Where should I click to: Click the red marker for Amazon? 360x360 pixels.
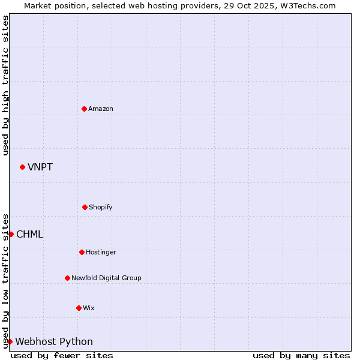(84, 109)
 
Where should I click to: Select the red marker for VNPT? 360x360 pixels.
(22, 167)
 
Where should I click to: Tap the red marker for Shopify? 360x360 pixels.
(85, 207)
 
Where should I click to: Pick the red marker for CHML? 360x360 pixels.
(11, 234)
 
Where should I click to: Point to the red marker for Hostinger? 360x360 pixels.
(82, 252)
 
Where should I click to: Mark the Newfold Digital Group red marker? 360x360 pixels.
(67, 278)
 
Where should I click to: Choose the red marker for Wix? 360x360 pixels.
(79, 308)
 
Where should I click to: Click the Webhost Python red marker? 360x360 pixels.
(10, 341)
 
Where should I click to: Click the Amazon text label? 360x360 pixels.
(101, 109)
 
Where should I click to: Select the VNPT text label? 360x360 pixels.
(40, 167)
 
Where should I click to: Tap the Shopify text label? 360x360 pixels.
(101, 207)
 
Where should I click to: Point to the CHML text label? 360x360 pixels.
(30, 234)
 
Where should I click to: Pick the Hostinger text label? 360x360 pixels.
(101, 252)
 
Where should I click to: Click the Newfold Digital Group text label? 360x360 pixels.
(107, 278)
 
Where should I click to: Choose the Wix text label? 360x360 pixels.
(89, 308)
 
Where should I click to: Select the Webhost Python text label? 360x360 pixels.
(54, 341)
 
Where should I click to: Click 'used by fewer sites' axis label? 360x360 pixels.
(62, 355)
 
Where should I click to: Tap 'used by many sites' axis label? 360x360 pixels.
(301, 355)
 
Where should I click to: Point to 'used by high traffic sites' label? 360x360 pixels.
(5, 85)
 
